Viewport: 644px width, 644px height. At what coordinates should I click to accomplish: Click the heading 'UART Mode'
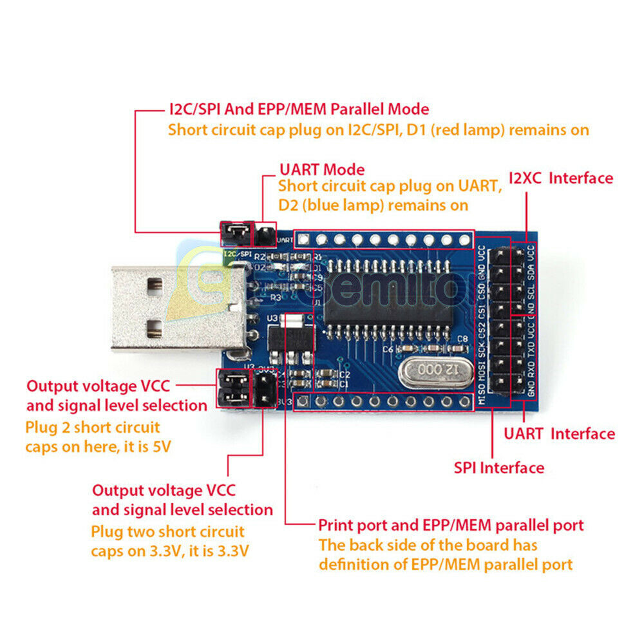click(x=321, y=170)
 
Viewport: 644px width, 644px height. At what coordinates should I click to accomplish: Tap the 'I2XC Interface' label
click(x=560, y=178)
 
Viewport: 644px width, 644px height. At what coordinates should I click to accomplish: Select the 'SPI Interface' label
click(x=499, y=468)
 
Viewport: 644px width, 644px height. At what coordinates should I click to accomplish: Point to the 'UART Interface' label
click(x=559, y=434)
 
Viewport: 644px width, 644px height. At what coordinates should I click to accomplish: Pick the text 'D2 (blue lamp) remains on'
click(x=373, y=205)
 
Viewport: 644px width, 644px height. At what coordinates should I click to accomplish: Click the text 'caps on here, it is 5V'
click(x=98, y=446)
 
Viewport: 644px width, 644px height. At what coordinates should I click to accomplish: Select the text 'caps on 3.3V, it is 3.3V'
click(x=170, y=551)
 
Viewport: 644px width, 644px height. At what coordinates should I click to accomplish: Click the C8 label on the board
click(x=462, y=339)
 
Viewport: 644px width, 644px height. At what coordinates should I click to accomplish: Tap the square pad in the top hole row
click(x=304, y=240)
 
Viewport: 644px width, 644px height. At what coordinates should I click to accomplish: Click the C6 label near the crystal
click(x=388, y=349)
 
